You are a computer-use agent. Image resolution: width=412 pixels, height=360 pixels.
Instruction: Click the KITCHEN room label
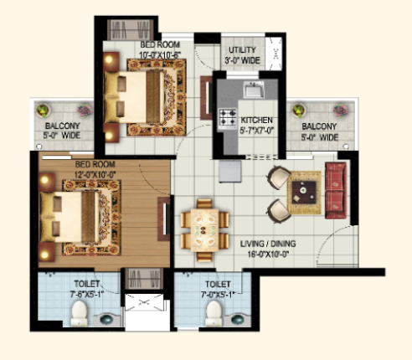coord(256,121)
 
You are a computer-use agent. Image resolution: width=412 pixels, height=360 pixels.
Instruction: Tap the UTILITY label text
coord(242,50)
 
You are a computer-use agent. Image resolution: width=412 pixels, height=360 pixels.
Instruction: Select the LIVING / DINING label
coord(268,244)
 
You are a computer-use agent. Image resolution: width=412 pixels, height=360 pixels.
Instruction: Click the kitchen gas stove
coord(228,117)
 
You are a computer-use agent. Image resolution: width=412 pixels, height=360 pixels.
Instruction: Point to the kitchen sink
coord(254,90)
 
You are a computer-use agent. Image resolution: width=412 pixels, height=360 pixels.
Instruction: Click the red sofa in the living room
coord(336,190)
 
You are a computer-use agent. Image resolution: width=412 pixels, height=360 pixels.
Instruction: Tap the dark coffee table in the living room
coord(304,193)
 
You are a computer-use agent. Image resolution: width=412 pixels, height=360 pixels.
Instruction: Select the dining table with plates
coord(205,230)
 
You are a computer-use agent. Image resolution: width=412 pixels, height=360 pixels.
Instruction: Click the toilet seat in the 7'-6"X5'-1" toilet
coord(79,313)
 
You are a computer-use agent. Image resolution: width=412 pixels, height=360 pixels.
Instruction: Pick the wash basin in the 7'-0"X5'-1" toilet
coord(238,319)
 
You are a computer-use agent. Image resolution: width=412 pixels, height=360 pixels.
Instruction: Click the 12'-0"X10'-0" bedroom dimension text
coord(95,175)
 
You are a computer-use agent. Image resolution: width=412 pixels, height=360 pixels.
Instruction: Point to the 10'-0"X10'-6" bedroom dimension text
coord(160,55)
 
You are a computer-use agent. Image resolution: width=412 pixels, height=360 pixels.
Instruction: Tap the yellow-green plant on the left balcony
coord(43,111)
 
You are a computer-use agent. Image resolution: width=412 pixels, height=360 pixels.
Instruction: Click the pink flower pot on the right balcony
coord(340,111)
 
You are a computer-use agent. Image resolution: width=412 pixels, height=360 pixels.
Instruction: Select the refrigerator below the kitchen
coord(230,171)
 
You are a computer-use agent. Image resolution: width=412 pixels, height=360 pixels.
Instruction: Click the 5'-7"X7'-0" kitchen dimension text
coord(257,131)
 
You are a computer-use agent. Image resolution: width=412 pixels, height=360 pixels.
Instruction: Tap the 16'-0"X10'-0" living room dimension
coord(268,255)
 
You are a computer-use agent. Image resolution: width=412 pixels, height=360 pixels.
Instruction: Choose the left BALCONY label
coord(63,126)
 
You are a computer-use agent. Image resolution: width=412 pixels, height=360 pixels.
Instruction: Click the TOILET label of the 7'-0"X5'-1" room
coord(218,285)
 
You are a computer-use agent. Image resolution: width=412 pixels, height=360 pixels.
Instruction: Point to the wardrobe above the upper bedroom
coord(131,30)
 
